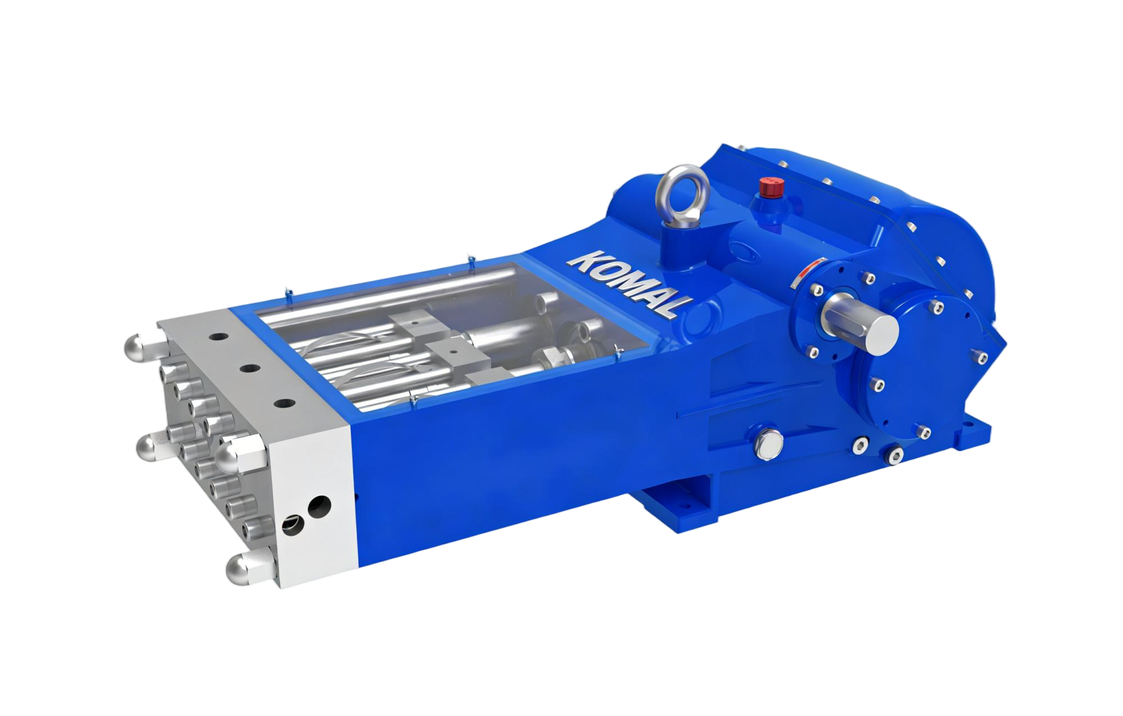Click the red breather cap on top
point(766,187)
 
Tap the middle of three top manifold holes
point(248,368)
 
